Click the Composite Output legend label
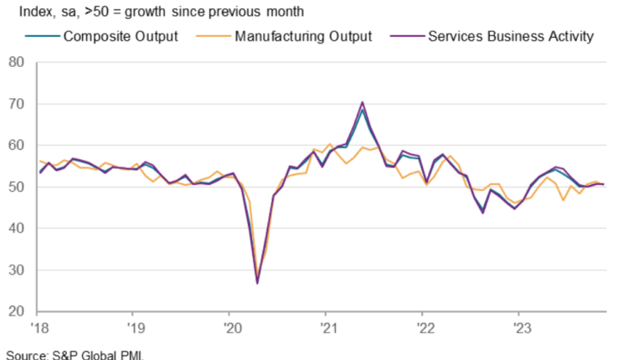(121, 37)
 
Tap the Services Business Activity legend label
(511, 37)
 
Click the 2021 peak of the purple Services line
(362, 103)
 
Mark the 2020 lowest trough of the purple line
(257, 283)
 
